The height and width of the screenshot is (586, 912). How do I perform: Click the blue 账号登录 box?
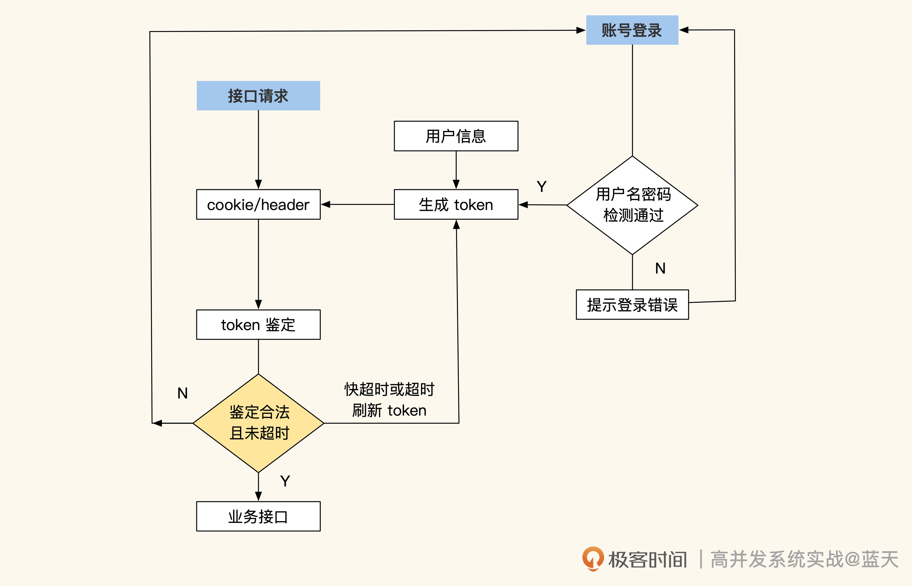click(x=632, y=30)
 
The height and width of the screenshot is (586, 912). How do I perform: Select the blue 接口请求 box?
click(x=258, y=96)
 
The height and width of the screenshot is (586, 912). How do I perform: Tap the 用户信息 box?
click(x=456, y=136)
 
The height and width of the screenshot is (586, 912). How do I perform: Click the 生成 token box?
click(x=456, y=204)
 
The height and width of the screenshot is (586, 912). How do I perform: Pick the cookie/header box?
click(x=258, y=204)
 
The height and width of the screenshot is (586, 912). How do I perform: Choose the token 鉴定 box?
click(x=258, y=325)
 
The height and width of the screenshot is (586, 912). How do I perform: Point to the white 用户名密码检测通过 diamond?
click(x=632, y=205)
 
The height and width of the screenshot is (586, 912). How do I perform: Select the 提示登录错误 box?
click(x=632, y=304)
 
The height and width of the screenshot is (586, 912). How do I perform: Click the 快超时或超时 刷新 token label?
click(x=389, y=400)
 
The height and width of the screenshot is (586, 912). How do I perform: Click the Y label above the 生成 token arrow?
click(x=541, y=186)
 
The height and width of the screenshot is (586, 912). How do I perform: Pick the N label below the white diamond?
click(x=660, y=268)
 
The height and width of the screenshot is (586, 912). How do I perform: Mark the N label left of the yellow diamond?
click(x=182, y=393)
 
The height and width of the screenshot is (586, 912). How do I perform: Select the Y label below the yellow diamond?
click(x=285, y=481)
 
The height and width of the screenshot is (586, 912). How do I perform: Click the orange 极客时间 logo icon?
click(x=593, y=559)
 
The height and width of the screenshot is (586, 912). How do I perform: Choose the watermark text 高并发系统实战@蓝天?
click(x=804, y=559)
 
